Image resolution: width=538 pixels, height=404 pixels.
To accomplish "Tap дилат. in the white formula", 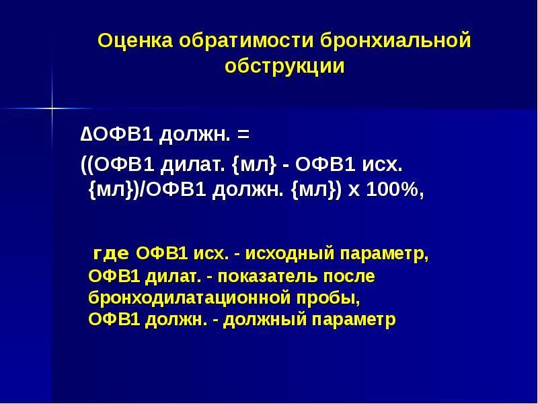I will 195,165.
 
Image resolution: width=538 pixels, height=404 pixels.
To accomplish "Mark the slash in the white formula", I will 142,191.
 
